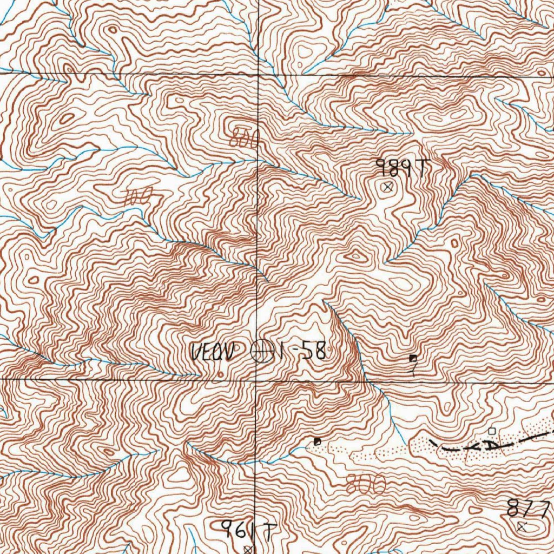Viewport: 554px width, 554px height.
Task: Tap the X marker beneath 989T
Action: (386, 188)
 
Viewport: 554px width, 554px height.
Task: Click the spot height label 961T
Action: (246, 530)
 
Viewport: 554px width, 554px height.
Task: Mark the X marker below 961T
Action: (248, 549)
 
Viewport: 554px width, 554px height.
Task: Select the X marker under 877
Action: (522, 526)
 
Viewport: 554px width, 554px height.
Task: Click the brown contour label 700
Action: (136, 198)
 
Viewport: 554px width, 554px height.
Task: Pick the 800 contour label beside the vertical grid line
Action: (245, 138)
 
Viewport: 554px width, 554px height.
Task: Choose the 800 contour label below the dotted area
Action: (366, 484)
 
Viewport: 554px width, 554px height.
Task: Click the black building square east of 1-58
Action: (413, 358)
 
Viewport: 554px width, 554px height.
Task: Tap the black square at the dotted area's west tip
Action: (317, 441)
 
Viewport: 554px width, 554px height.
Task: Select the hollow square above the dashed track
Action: (492, 431)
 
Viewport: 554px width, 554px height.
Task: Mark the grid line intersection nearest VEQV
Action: (255, 380)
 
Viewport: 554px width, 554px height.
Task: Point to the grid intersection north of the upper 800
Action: (257, 74)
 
